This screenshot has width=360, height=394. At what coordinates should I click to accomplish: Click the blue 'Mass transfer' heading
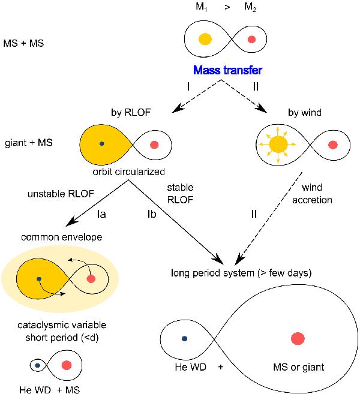pos(228,71)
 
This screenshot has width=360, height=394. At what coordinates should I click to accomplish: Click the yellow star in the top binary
pos(205,40)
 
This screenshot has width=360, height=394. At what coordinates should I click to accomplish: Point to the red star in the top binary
pos(251,40)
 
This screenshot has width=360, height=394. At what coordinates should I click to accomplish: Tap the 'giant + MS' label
pos(26,144)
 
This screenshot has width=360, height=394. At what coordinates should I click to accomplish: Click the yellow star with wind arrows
pos(277,145)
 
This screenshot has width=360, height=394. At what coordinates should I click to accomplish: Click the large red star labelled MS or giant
pos(298,339)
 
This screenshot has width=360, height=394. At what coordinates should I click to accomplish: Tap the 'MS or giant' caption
pos(298,366)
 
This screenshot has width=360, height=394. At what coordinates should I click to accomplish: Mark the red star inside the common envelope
pos(91,279)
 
